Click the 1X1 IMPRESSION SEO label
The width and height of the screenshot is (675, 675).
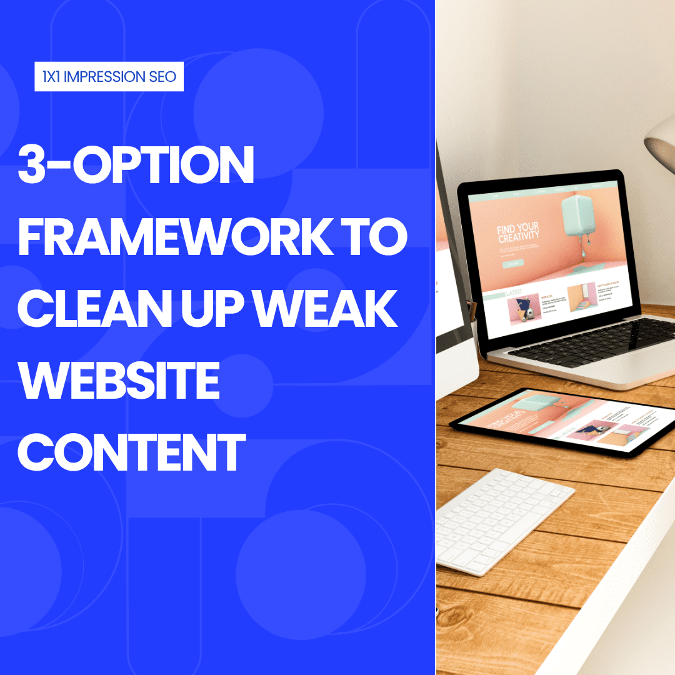coord(109,77)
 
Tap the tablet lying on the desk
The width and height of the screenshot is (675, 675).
coord(562,419)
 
